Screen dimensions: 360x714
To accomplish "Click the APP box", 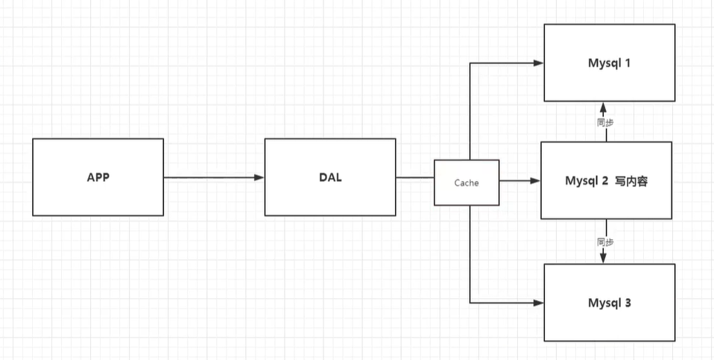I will [98, 177].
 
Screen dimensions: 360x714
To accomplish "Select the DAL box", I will [329, 177].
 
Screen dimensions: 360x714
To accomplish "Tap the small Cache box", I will [467, 182].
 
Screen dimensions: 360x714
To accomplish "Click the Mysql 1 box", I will [610, 63].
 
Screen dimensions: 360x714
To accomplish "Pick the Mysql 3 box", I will [610, 303].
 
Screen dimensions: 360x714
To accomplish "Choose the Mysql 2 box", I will [606, 180].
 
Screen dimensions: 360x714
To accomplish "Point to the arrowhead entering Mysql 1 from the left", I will [538, 63].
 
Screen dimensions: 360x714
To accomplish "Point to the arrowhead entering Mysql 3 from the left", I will [538, 303].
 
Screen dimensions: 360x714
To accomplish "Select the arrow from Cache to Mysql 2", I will [519, 180].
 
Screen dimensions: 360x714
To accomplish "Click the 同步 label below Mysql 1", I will [606, 122].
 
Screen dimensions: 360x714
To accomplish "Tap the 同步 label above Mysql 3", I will [606, 241].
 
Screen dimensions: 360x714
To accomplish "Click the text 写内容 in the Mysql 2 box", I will [631, 180].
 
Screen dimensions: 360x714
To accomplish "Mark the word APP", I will [98, 177].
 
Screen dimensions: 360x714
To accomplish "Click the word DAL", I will [329, 177].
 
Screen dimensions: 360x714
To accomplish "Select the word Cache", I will [467, 182].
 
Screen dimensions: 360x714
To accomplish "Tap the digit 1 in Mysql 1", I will [628, 63].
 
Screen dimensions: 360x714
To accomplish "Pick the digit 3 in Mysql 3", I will [629, 303].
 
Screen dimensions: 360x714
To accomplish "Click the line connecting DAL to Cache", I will [414, 177].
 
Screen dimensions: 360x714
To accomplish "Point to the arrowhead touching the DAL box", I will [259, 177].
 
